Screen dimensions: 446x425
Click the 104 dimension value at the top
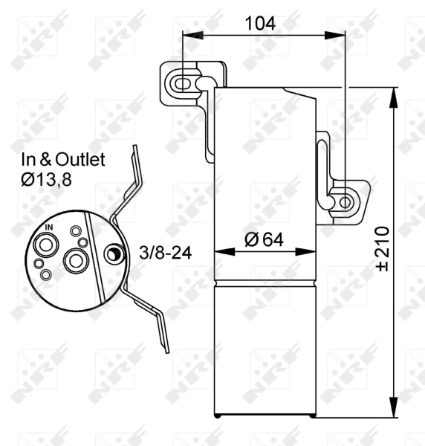click(256, 23)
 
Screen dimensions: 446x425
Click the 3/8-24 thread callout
click(165, 253)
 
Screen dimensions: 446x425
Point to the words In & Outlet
click(63, 159)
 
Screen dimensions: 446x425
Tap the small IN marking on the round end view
click(49, 227)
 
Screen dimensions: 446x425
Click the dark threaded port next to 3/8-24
click(113, 255)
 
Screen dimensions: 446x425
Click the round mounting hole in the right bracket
click(345, 201)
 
